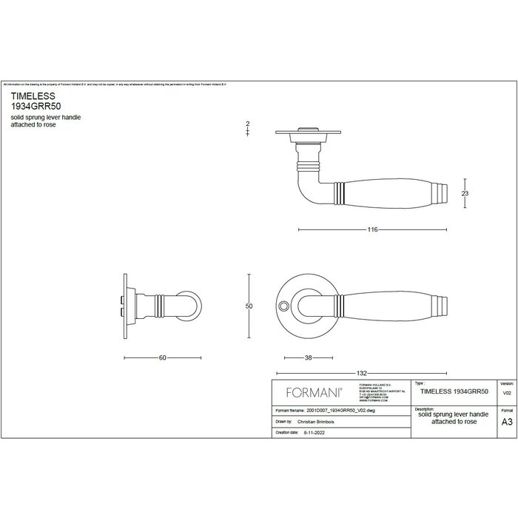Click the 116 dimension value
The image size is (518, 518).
coord(373,230)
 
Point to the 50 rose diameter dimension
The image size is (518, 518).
coord(250,306)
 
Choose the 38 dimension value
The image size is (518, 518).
coord(308,357)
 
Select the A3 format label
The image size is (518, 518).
coord(506,423)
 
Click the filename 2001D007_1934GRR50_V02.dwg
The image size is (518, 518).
coord(336,408)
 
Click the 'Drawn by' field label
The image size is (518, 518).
coord(283,419)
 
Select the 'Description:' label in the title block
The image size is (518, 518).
coord(425,408)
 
